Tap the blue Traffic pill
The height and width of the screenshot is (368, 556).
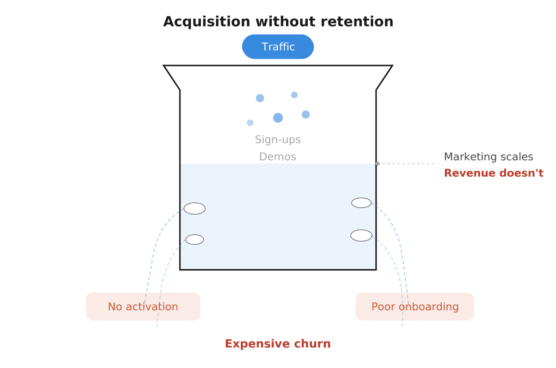(278, 47)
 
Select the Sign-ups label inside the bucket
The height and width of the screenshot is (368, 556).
(278, 140)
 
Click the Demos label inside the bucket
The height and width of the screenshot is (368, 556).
(278, 157)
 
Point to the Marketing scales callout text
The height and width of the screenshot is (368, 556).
(488, 157)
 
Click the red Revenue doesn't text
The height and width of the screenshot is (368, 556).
(494, 173)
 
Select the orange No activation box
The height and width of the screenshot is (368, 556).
(143, 307)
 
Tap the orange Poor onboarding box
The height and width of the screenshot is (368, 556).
(414, 307)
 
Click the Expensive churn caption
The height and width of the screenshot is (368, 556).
(278, 344)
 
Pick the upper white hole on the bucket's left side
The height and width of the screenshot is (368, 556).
(195, 209)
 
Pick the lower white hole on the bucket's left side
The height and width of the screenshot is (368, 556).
(195, 240)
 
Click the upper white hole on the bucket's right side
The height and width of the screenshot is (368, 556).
(361, 203)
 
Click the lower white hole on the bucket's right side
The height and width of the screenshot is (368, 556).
(361, 235)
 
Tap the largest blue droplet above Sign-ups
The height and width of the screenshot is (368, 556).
(278, 118)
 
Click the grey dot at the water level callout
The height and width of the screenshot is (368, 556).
(378, 163)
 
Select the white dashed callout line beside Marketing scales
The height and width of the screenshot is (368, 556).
(408, 163)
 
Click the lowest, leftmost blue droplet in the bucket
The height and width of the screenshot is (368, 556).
(250, 123)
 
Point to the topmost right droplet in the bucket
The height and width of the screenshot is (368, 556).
(294, 95)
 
